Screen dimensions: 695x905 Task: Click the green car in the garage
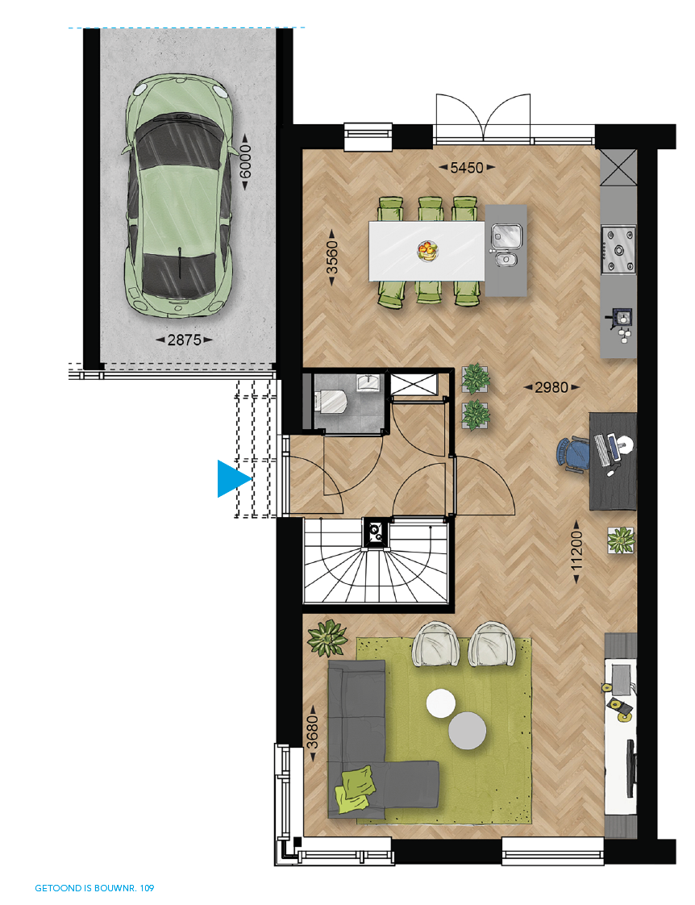point(179,195)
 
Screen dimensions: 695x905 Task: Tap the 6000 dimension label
point(245,162)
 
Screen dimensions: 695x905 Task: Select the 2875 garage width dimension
point(184,340)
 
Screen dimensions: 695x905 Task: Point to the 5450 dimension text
point(467,168)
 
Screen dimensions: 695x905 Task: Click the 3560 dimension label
point(331,257)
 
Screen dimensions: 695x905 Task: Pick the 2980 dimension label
point(551,387)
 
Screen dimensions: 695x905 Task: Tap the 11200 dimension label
point(576,551)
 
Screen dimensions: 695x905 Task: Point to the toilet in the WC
point(331,400)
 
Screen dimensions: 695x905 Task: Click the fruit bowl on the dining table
point(427,251)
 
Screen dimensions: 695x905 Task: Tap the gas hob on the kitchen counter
point(618,250)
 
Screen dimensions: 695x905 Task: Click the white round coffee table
point(441,703)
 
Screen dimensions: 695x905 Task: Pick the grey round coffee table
point(467,730)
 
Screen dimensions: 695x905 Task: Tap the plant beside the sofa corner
point(327,638)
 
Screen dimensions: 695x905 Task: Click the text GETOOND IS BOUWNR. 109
point(94,888)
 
